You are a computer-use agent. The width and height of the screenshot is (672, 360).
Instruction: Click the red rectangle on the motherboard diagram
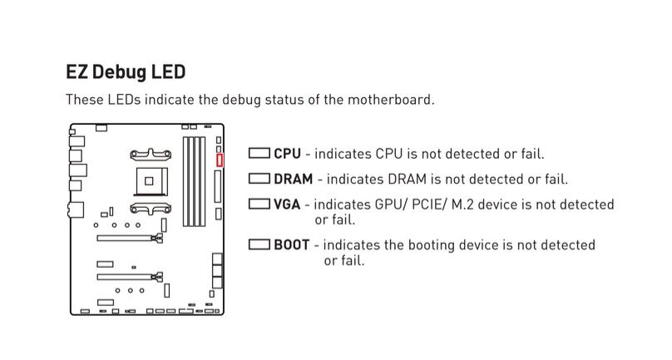[220, 160]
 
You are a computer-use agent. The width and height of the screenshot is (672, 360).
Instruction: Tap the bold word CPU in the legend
[287, 154]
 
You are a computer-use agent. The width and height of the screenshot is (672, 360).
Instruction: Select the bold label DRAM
[294, 179]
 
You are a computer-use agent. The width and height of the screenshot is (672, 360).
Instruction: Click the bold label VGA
[288, 204]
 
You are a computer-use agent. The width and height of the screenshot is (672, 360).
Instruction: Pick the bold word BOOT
[292, 245]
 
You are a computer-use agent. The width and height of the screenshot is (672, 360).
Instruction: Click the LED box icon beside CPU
[259, 154]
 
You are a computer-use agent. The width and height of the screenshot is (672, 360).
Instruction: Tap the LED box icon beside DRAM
[259, 179]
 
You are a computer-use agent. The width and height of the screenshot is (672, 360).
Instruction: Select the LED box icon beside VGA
[259, 204]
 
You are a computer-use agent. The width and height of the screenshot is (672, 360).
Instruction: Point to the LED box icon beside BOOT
[259, 245]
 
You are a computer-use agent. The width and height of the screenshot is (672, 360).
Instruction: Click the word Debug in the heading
[121, 72]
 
